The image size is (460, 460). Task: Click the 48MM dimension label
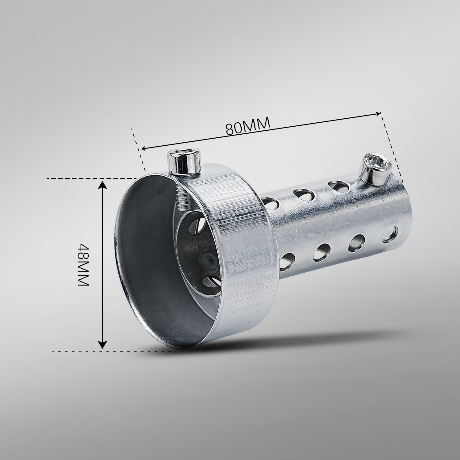coord(83,265)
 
